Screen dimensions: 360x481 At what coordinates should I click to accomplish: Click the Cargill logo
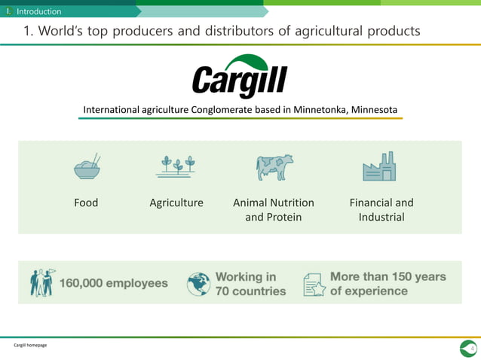tap(240, 77)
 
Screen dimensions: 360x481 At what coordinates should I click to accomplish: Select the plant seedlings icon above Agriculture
tap(176, 166)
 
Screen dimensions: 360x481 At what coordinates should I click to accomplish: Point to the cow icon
tap(274, 167)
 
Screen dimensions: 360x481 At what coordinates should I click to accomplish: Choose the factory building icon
tap(379, 166)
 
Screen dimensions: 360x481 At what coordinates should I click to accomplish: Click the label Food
tap(86, 203)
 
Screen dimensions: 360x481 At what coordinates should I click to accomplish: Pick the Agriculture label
tap(176, 203)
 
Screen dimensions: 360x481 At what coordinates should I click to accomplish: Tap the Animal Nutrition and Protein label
tap(274, 209)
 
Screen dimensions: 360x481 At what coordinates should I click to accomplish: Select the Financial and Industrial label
tap(381, 209)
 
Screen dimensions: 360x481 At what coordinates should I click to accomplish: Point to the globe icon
tap(198, 284)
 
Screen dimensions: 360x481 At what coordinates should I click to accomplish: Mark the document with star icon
tap(313, 284)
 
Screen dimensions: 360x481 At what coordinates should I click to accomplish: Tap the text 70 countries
tap(251, 291)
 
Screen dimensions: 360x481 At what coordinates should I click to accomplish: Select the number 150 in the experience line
tap(400, 276)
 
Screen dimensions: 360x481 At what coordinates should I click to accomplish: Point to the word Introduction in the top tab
tap(39, 11)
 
